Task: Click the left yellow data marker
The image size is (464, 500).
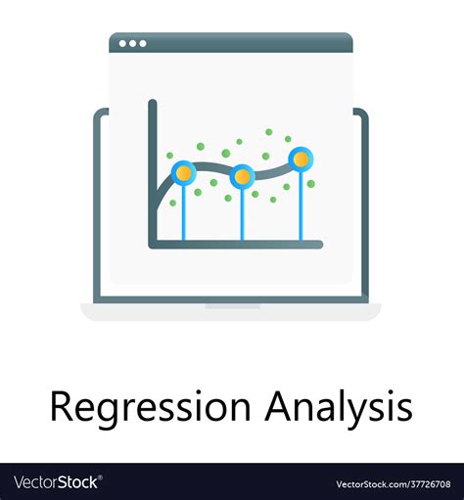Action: [x=183, y=172]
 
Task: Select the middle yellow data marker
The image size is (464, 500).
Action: [x=242, y=177]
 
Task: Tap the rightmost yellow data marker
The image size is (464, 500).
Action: [x=302, y=159]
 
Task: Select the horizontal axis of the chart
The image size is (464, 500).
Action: [x=235, y=243]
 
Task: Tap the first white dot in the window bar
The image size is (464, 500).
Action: [x=122, y=43]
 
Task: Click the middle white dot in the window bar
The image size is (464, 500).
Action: [x=132, y=43]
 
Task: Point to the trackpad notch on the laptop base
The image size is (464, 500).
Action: [x=232, y=306]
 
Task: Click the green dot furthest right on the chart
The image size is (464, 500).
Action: [x=311, y=183]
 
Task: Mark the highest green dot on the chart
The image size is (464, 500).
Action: [x=268, y=131]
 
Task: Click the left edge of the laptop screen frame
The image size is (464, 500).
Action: [x=96, y=205]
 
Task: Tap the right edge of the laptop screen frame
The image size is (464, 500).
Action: [x=366, y=205]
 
